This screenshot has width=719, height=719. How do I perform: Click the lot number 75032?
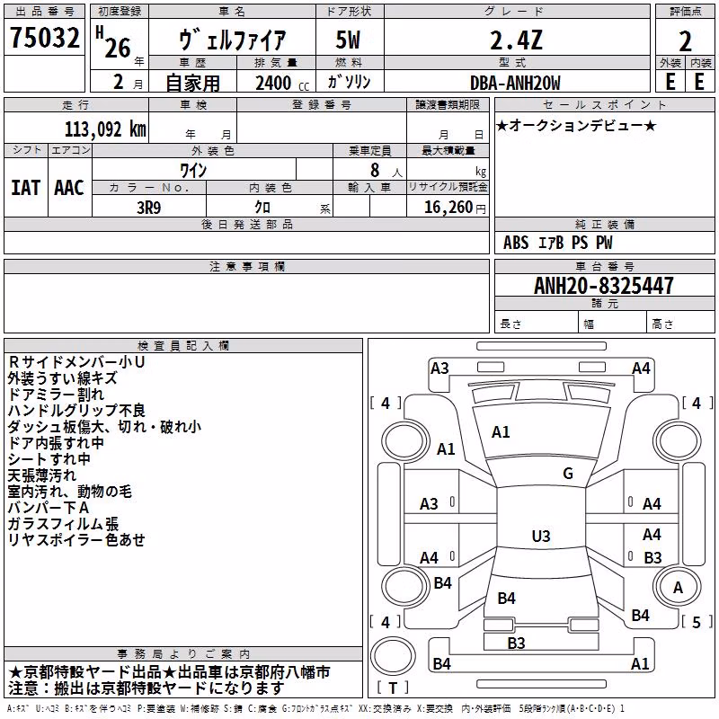click(x=45, y=37)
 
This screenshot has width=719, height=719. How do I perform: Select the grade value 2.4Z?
click(x=516, y=40)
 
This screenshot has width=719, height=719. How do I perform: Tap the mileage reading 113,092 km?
click(x=105, y=129)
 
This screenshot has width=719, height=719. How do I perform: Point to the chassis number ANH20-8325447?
click(x=603, y=286)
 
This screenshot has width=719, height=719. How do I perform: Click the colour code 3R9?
click(x=149, y=208)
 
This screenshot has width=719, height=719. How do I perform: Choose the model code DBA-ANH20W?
click(x=515, y=83)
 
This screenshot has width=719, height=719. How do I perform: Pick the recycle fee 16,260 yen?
click(x=455, y=208)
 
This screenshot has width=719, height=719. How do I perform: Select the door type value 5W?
click(x=348, y=40)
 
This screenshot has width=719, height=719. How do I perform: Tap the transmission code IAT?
click(x=26, y=188)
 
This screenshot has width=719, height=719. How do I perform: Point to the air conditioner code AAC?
click(x=69, y=188)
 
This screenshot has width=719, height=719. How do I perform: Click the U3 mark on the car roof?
click(x=541, y=536)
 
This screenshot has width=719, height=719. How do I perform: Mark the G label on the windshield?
click(x=568, y=474)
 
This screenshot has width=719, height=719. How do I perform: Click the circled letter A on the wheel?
click(x=678, y=588)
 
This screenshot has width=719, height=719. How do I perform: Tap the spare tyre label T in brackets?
click(x=393, y=688)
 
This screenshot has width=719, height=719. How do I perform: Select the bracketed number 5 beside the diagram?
click(x=697, y=622)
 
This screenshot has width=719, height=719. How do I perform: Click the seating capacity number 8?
click(x=375, y=170)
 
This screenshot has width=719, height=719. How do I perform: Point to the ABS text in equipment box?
click(x=516, y=243)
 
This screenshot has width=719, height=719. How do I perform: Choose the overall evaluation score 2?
click(x=685, y=41)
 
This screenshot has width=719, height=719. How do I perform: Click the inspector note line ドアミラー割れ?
click(x=56, y=395)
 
